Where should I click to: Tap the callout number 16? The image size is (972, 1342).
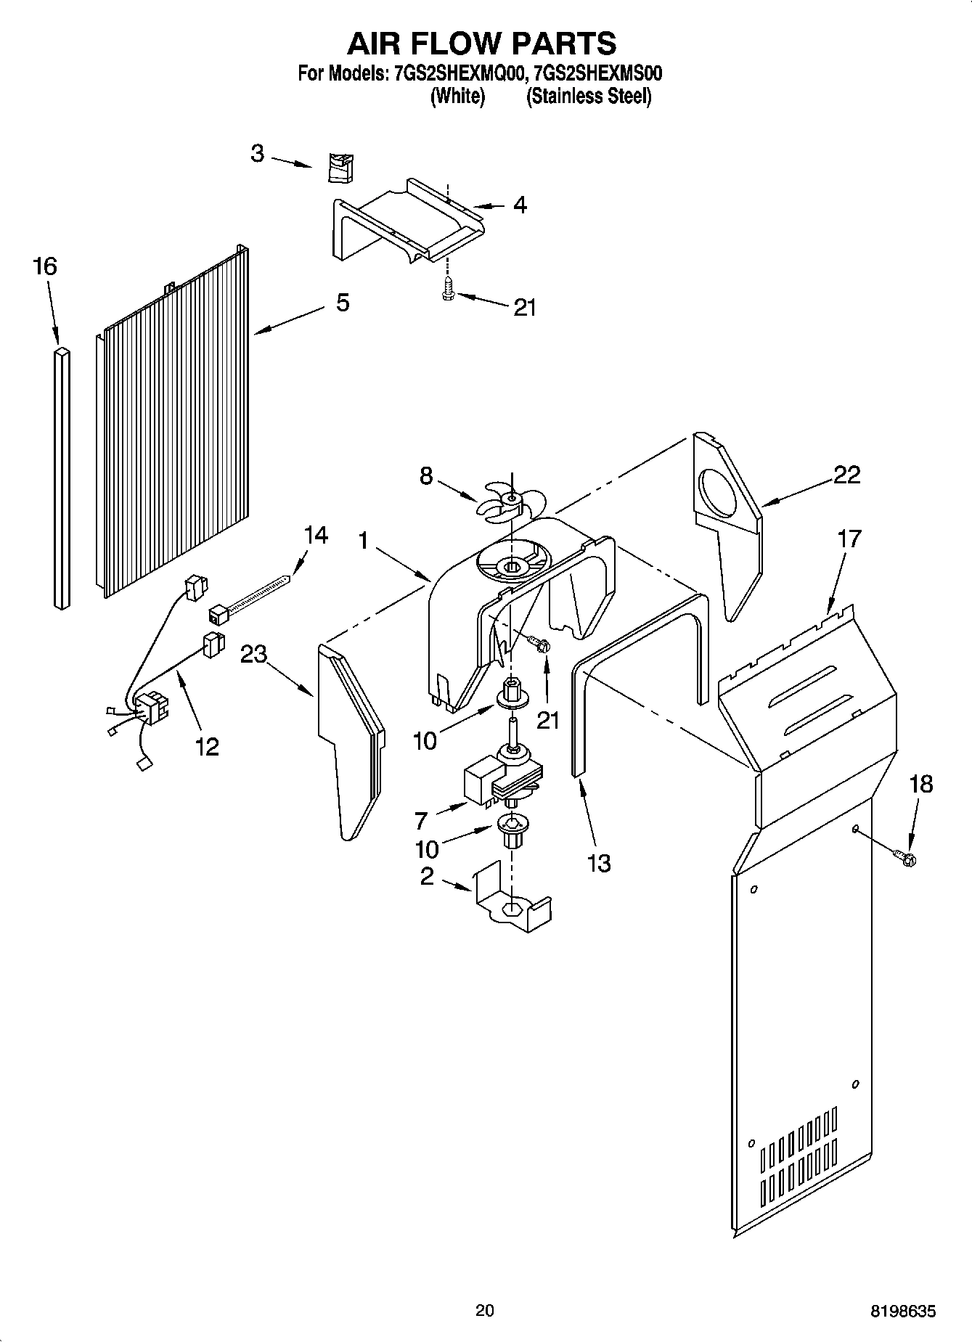[44, 266]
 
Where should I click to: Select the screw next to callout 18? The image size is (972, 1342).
[906, 858]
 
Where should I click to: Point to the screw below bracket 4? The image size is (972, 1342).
[448, 289]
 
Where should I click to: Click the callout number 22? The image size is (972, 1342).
[846, 475]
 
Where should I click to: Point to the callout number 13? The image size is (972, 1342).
[599, 864]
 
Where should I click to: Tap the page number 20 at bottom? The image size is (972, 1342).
[485, 1311]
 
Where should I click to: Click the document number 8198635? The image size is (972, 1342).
[903, 1311]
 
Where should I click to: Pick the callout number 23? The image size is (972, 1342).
[254, 655]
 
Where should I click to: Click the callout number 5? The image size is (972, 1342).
[343, 302]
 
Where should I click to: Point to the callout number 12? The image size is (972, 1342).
[207, 746]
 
